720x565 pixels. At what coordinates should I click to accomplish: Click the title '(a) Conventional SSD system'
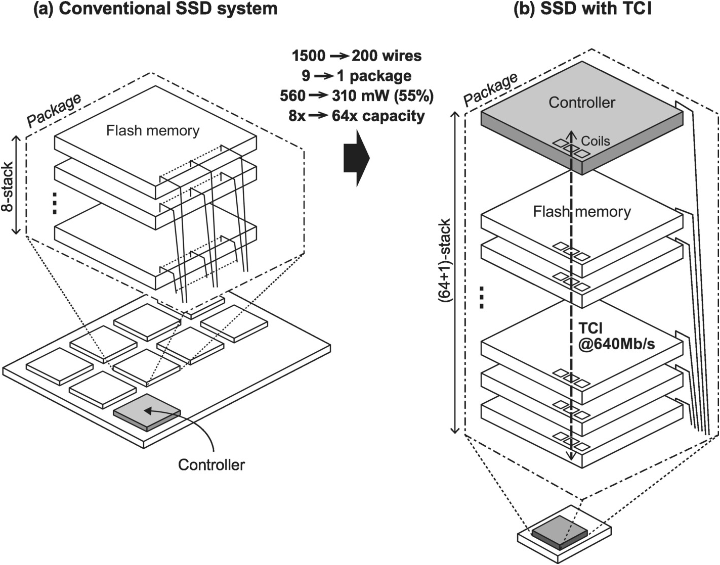coord(155,9)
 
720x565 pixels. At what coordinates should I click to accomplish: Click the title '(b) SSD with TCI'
coord(582,9)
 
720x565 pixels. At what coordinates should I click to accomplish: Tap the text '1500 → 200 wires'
coord(357,56)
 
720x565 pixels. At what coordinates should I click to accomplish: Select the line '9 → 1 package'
coord(356,76)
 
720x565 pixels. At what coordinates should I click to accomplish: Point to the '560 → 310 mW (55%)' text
coord(357,96)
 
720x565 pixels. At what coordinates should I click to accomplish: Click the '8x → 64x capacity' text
coord(357,116)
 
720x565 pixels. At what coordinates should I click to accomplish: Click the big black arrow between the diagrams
coord(357,158)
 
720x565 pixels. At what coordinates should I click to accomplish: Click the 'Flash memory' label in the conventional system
coord(152,131)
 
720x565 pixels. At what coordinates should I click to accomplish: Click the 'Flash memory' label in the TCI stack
coord(582,211)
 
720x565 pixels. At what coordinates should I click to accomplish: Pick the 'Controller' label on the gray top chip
coord(582,103)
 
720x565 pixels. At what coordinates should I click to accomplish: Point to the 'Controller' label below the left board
coord(211,464)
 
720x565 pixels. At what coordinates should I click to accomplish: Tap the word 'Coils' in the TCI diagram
coord(595,141)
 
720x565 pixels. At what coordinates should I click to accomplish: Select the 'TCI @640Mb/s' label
coord(616,337)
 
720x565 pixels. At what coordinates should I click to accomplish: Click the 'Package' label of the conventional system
coord(54,110)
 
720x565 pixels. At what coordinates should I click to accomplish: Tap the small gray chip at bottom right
coord(559,532)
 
